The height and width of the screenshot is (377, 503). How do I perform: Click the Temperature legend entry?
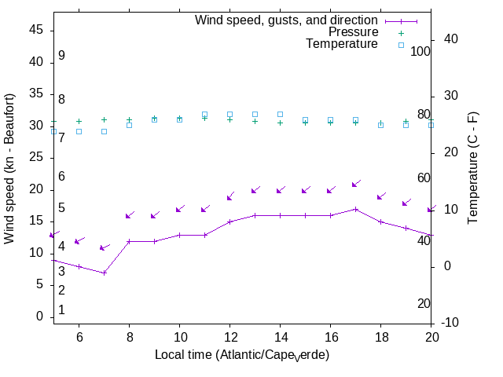point(341,45)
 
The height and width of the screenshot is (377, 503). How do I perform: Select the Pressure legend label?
point(353,32)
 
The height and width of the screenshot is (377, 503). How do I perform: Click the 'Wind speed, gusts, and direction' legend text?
point(286,20)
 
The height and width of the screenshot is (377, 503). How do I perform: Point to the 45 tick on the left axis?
point(36,30)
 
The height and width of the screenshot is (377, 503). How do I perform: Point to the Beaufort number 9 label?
point(61,56)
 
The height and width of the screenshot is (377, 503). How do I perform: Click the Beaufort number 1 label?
point(61,310)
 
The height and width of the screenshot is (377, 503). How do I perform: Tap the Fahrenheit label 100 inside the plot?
point(421,51)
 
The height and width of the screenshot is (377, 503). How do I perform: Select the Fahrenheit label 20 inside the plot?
point(424,303)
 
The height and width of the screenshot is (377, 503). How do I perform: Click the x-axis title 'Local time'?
point(242,355)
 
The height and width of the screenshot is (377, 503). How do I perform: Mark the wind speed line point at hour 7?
point(104,273)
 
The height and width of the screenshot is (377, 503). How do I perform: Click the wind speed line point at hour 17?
point(355,209)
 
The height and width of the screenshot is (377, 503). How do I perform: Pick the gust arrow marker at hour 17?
point(355,184)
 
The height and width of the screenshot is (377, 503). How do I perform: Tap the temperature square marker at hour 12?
point(229,115)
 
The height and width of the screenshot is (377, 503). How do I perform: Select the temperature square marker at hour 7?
point(104,131)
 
